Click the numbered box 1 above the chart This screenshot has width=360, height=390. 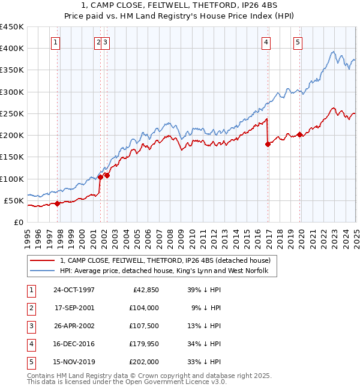pyautogui.click(x=55, y=42)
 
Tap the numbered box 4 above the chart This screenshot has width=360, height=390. pyautogui.click(x=266, y=42)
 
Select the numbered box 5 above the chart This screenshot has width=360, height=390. pyautogui.click(x=298, y=42)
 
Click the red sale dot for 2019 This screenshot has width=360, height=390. pyautogui.click(x=299, y=134)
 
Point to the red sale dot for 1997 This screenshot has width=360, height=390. pyautogui.click(x=58, y=203)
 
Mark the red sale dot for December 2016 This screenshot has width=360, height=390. pyautogui.click(x=268, y=144)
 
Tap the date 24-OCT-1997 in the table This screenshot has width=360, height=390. pyautogui.click(x=74, y=290)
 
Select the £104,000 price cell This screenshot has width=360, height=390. pyautogui.click(x=143, y=308)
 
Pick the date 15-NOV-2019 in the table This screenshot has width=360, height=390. pyautogui.click(x=74, y=362)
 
